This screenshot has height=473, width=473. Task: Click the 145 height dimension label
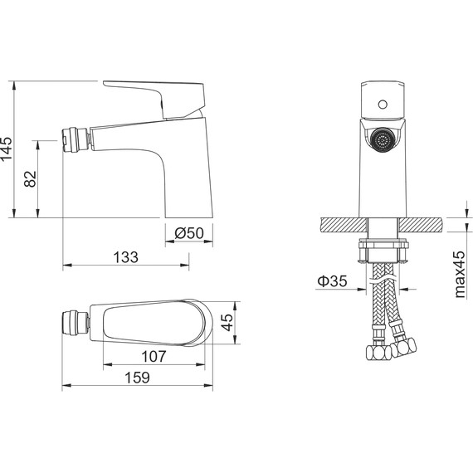7,149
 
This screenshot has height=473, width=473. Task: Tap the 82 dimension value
31,179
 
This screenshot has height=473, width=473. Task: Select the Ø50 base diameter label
189,233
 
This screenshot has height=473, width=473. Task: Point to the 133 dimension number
126,257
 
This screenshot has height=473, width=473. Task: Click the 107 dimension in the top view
154,356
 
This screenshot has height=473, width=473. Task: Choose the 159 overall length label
137,378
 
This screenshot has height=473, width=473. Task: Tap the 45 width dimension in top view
227,322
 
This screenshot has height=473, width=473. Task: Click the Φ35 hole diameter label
332,280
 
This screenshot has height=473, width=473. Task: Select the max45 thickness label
460,274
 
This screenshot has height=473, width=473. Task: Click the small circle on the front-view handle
383,105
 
